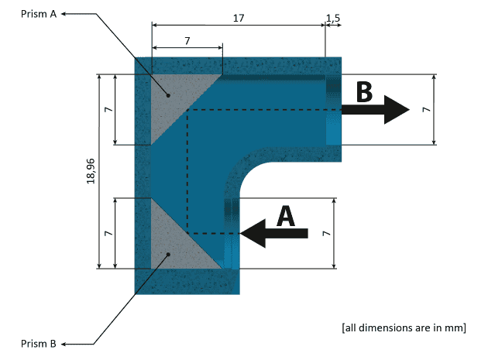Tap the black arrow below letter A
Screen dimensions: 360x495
[x=275, y=232]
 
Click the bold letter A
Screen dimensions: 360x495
[x=286, y=215]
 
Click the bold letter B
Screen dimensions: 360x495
[x=364, y=91]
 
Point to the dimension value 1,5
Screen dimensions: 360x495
[x=333, y=16]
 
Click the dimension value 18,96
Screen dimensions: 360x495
[x=91, y=172]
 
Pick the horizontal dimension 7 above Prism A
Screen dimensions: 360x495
[x=187, y=39]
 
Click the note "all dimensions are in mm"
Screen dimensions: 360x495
[x=403, y=327]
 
